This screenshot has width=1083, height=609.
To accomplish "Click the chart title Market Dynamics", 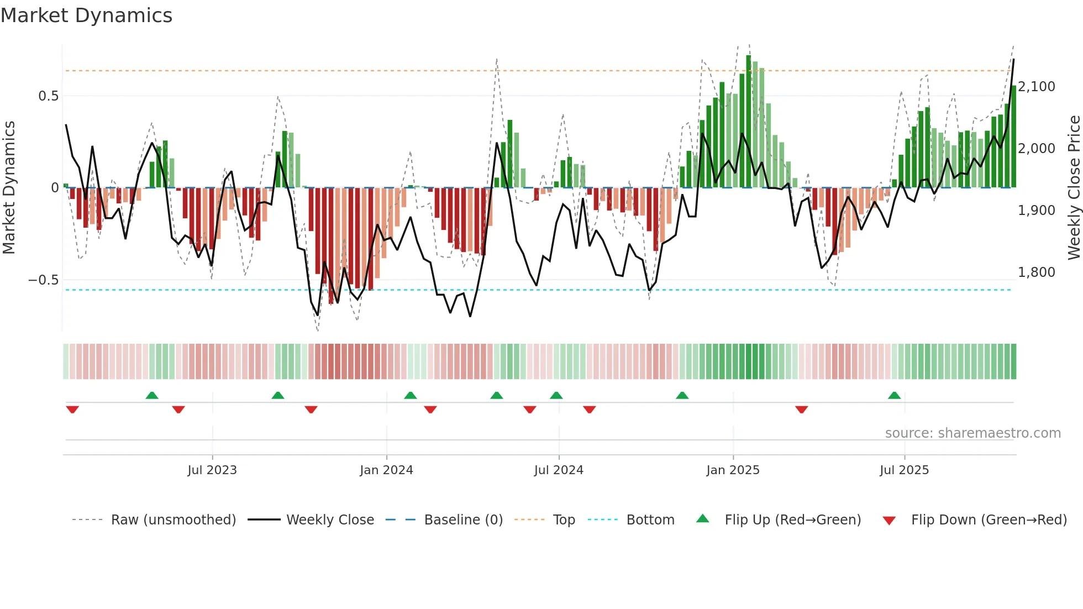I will [x=87, y=15].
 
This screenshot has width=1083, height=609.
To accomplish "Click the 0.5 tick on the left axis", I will [x=48, y=96].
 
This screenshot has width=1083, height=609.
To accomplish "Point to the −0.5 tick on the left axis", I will [x=44, y=280].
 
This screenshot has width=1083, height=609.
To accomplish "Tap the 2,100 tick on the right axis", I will [x=1037, y=87].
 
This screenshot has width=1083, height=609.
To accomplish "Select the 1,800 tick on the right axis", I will [x=1037, y=272].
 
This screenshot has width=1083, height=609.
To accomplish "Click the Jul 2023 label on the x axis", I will [x=212, y=470].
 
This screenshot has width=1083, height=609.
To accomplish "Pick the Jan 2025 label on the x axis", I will [x=733, y=470].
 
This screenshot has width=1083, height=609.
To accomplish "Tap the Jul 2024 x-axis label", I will [x=559, y=470].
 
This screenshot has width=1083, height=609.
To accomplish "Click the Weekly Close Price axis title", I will [x=1074, y=187].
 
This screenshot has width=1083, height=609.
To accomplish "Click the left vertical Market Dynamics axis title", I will [x=9, y=187].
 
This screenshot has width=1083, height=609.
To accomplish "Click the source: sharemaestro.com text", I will [x=972, y=433].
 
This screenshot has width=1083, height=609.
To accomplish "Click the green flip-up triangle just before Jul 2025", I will [x=894, y=395].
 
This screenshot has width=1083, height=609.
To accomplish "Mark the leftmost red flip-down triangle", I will [x=72, y=410].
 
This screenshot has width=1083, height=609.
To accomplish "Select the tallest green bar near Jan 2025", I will [x=749, y=122].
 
